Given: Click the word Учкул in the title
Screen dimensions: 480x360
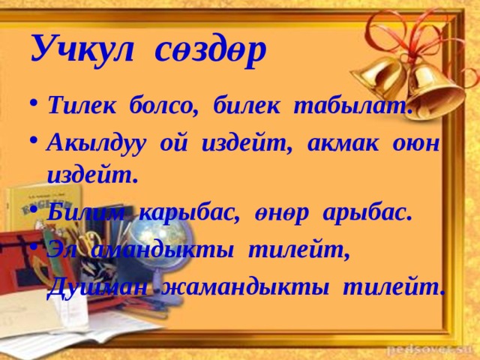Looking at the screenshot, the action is (x=82, y=48).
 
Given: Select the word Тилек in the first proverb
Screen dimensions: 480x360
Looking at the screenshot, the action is (x=82, y=105).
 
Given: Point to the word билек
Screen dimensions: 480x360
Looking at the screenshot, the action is (x=247, y=106).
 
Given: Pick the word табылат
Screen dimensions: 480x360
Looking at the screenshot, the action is (x=352, y=106).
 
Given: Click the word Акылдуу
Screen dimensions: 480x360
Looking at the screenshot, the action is (x=96, y=144).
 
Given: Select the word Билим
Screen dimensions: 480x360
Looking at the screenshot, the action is (x=86, y=212).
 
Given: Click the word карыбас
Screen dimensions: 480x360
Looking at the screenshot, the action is (x=189, y=213).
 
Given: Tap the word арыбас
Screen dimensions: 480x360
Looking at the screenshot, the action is (x=367, y=213).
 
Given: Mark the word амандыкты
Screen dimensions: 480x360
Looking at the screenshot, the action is (x=162, y=253).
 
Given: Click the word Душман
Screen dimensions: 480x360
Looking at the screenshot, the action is (x=97, y=288).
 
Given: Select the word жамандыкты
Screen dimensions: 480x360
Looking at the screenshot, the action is (x=245, y=288).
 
